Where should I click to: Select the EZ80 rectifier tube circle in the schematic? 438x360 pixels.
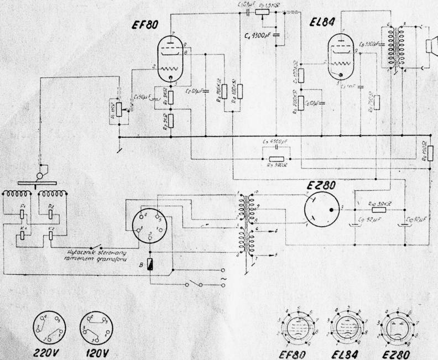(324, 211)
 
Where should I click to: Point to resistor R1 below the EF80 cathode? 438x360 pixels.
(171, 98)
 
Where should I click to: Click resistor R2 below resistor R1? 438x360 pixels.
(171, 119)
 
